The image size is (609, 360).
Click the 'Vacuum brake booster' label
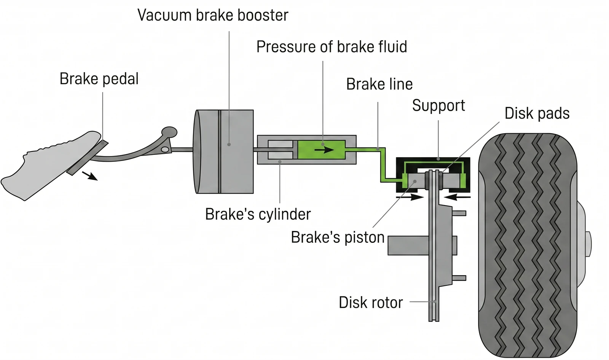click(213, 15)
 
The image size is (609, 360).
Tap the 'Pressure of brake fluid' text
click(332, 47)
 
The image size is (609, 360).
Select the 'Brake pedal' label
click(99, 79)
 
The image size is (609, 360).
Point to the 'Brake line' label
click(379, 84)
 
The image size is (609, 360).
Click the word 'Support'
click(438, 105)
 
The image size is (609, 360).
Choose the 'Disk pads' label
click(537, 113)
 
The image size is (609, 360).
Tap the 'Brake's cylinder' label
click(258, 214)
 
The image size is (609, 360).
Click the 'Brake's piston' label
click(338, 237)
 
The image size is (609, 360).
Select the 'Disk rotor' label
click(371, 303)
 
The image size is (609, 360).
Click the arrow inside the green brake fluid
click(324, 150)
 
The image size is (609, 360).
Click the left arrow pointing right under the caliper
click(410, 197)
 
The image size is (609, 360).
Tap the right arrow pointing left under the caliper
click(457, 197)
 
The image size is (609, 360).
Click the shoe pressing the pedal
click(50, 166)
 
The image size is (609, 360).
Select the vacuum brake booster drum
click(223, 151)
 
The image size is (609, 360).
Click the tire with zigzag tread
click(528, 245)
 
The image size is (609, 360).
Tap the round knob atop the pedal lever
click(169, 132)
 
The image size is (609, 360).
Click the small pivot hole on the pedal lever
click(165, 149)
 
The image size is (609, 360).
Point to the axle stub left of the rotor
click(408, 245)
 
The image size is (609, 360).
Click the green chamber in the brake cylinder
click(321, 150)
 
